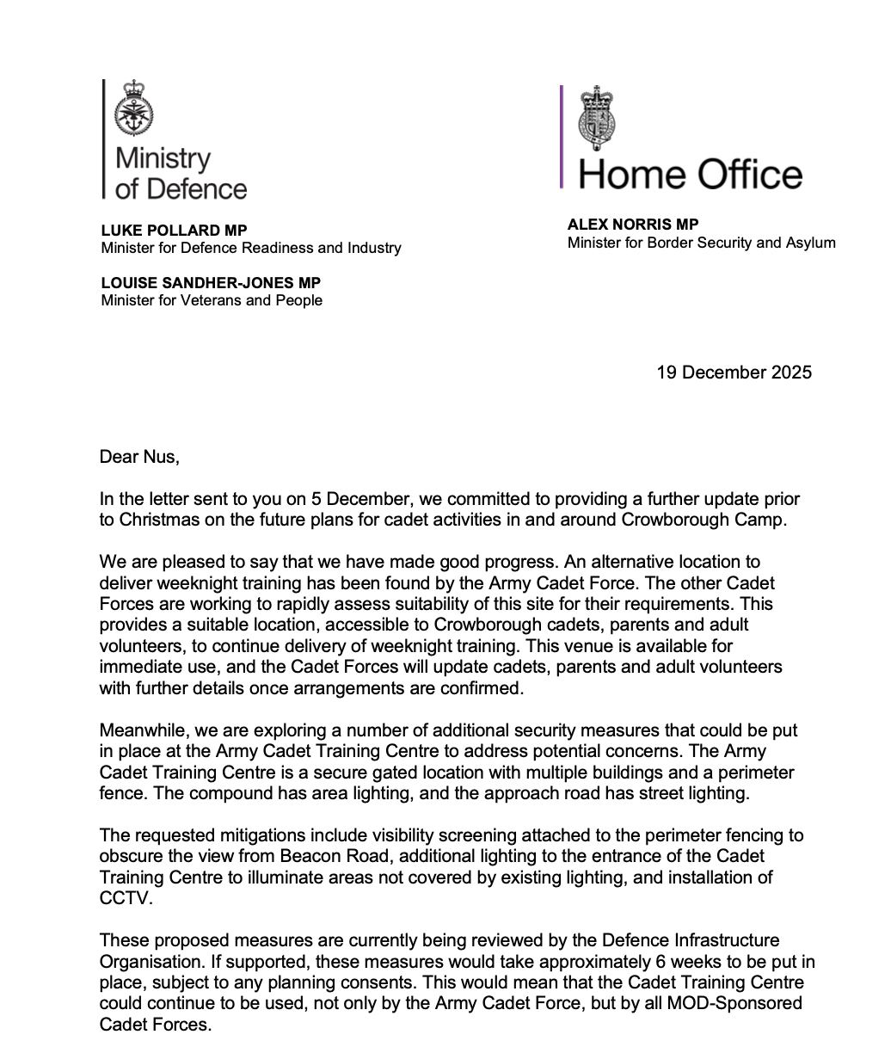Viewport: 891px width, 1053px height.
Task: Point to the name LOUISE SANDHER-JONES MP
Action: [x=211, y=283]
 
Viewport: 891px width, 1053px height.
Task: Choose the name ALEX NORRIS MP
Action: [x=632, y=225]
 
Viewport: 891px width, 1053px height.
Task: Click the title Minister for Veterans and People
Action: [x=212, y=300]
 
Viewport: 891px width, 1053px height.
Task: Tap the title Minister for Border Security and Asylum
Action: [x=701, y=243]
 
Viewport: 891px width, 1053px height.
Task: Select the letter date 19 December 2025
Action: [x=734, y=373]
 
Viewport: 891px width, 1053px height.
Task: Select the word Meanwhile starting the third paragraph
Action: [x=143, y=730]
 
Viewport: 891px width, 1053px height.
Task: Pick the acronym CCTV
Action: [x=122, y=898]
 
